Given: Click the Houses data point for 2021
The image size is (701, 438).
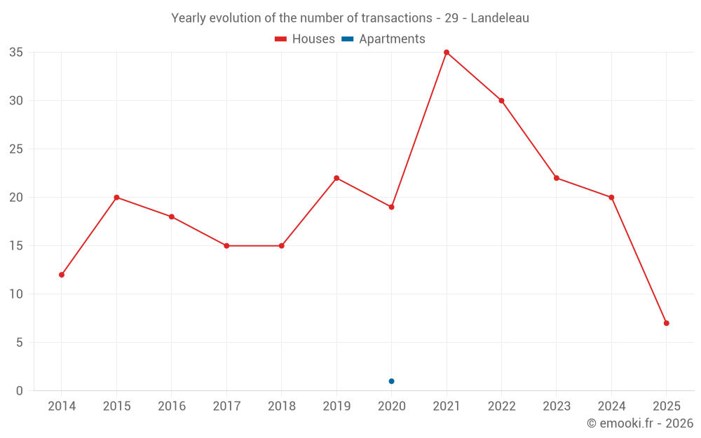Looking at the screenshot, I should (x=447, y=53).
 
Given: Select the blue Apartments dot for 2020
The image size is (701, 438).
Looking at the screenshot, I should (x=391, y=381).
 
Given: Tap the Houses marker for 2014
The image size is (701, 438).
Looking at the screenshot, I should (x=62, y=275).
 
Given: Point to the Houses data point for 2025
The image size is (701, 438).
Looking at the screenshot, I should (x=666, y=323).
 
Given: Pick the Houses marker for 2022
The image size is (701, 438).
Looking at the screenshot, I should (x=501, y=101).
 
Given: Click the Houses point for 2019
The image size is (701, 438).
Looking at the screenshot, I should (x=336, y=178).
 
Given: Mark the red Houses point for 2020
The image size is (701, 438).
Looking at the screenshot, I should (x=391, y=207).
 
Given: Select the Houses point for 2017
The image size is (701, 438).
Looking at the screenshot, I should (x=226, y=246).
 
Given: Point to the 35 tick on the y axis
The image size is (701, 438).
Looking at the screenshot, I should (x=16, y=53).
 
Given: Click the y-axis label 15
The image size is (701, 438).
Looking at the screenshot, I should (x=16, y=246).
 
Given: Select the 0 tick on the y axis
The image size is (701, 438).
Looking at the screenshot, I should (x=20, y=391).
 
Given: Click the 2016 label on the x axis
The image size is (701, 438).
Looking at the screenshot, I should (x=172, y=406).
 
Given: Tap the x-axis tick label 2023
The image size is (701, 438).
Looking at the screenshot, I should (x=557, y=406).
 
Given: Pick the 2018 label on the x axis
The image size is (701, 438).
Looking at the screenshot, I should (x=281, y=406).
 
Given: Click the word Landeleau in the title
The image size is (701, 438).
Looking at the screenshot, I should (x=500, y=18).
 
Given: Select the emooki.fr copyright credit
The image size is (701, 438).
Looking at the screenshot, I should (x=640, y=423).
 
